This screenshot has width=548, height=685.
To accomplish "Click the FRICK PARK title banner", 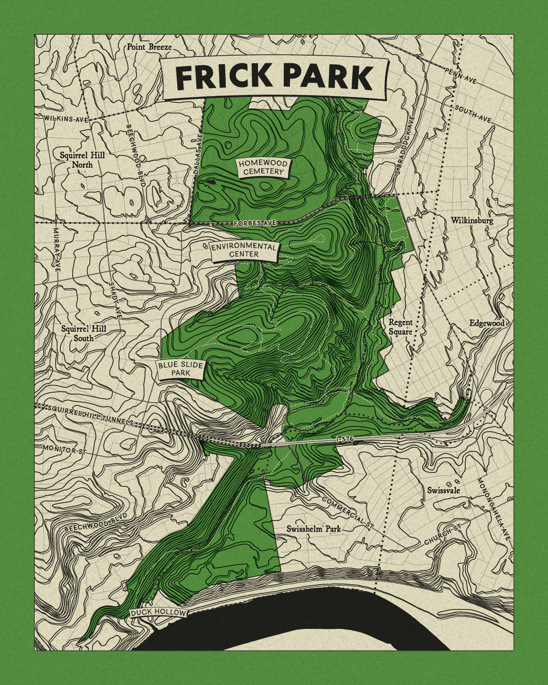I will pyautogui.click(x=275, y=77).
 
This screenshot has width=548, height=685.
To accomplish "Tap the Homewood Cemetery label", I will pyautogui.click(x=263, y=167).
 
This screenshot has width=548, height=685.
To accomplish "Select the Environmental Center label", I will pyautogui.click(x=243, y=250).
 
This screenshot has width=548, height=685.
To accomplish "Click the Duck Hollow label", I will pyautogui.click(x=158, y=613).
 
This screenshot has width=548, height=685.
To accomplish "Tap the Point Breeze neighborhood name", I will pyautogui.click(x=149, y=47).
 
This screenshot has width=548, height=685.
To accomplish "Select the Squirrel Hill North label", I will pyautogui.click(x=82, y=160).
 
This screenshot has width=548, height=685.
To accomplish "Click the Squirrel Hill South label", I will pyautogui.click(x=84, y=333).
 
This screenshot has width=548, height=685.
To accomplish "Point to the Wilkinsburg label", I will pyautogui.click(x=472, y=221).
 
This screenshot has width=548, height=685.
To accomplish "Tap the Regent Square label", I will pyautogui.click(x=400, y=327).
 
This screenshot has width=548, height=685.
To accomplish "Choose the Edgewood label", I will pyautogui.click(x=487, y=323).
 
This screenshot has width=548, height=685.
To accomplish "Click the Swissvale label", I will pyautogui.click(x=443, y=490).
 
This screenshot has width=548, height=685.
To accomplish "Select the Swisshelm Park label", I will pyautogui.click(x=314, y=529).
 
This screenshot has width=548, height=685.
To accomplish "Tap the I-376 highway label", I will pyautogui.click(x=345, y=440).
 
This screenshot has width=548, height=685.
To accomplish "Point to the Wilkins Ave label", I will pyautogui.click(x=66, y=119).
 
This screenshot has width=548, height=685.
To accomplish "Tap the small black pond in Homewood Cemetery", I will pyautogui.click(x=211, y=182).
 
